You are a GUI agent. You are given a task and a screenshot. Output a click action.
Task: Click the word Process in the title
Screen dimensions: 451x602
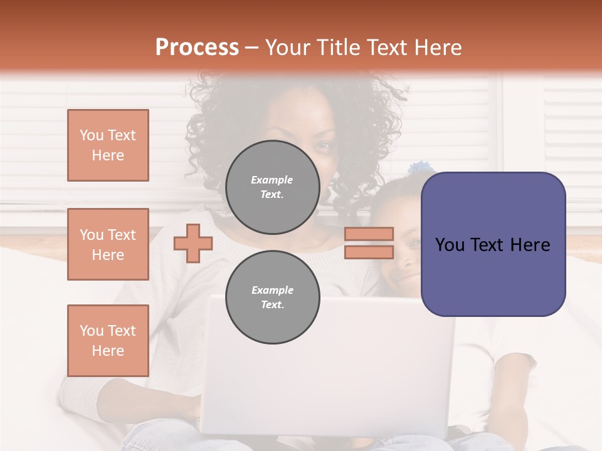click(x=197, y=48)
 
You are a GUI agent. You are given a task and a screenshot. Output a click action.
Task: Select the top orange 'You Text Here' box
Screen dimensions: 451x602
click(x=108, y=145)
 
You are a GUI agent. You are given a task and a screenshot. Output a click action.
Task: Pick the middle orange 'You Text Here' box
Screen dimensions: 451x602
click(x=108, y=244)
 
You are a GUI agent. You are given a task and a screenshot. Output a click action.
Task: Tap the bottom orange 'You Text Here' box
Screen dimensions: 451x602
click(x=108, y=340)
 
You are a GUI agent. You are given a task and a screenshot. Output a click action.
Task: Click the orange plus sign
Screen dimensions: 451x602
click(x=193, y=243)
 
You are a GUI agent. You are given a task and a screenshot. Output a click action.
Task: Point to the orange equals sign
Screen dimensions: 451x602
click(x=369, y=243)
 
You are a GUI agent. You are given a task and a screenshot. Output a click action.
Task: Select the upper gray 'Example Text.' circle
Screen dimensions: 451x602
click(x=272, y=187)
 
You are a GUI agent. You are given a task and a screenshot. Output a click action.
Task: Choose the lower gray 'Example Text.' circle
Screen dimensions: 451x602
click(x=272, y=297)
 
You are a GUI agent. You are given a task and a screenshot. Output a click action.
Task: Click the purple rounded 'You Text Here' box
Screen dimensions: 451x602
click(x=493, y=244)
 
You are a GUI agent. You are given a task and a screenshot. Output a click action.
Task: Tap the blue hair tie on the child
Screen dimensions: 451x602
click(x=418, y=168)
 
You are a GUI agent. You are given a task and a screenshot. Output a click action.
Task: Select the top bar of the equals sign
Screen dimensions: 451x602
click(x=369, y=234)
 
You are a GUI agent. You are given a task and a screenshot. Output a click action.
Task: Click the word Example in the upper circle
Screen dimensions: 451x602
click(x=272, y=180)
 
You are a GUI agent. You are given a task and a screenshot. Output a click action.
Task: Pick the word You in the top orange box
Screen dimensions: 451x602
click(x=92, y=135)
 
